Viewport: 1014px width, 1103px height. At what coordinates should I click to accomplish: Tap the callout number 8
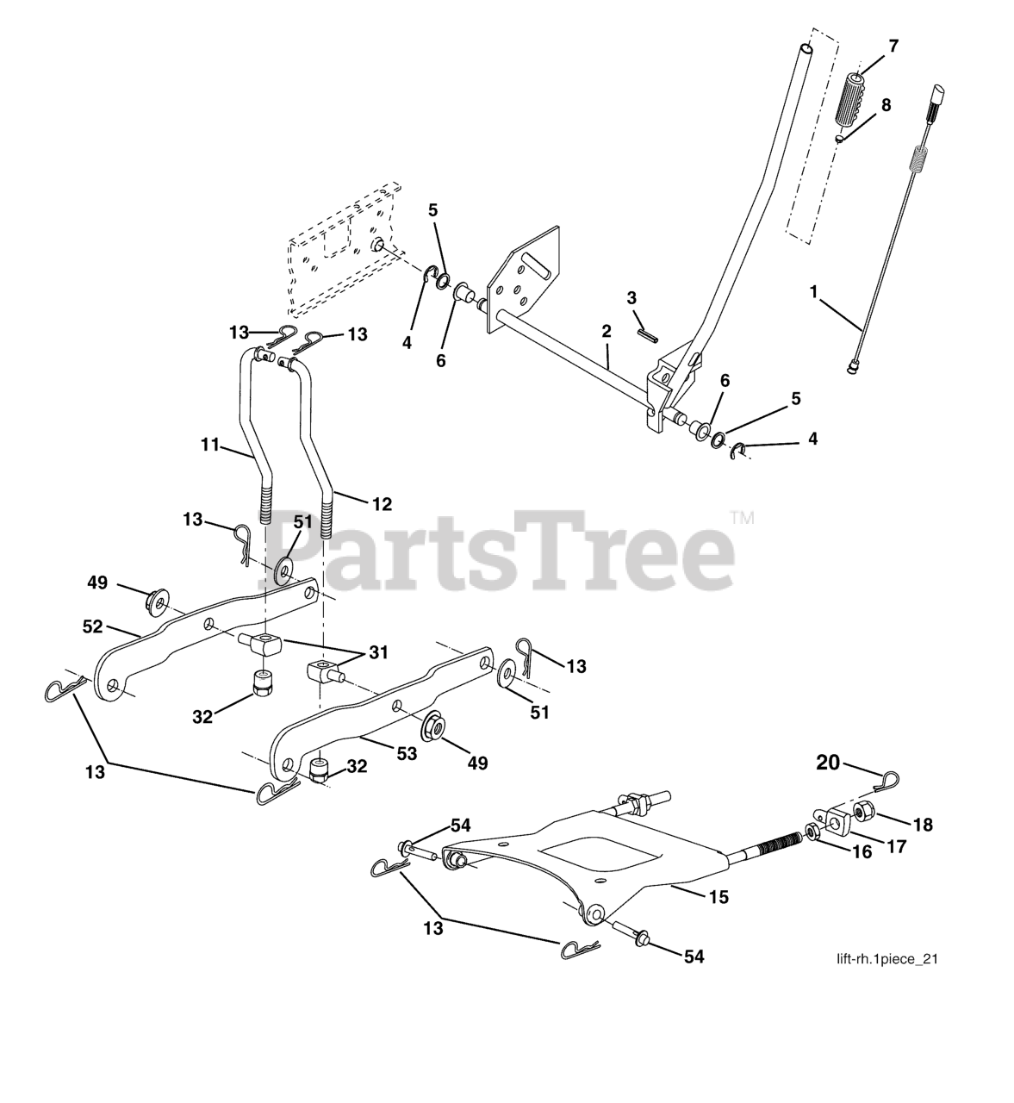click(886, 105)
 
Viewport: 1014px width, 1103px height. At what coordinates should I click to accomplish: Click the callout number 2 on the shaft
click(607, 332)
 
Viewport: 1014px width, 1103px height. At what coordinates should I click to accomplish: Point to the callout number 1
click(813, 291)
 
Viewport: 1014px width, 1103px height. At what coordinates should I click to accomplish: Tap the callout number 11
click(210, 445)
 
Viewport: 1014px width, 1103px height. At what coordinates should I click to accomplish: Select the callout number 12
click(383, 504)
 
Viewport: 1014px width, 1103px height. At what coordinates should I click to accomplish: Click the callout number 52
click(92, 626)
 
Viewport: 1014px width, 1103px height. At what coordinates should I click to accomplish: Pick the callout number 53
click(407, 753)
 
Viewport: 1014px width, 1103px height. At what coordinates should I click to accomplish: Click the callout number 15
click(719, 897)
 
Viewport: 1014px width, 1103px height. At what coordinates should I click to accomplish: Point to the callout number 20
click(828, 763)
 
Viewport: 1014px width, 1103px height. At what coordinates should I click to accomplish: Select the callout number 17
click(897, 847)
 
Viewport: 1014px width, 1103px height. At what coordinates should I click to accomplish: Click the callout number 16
click(863, 852)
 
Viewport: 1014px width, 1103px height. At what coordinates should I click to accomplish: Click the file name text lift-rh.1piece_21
click(887, 975)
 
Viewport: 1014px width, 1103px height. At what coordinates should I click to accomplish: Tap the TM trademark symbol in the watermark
click(743, 518)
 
